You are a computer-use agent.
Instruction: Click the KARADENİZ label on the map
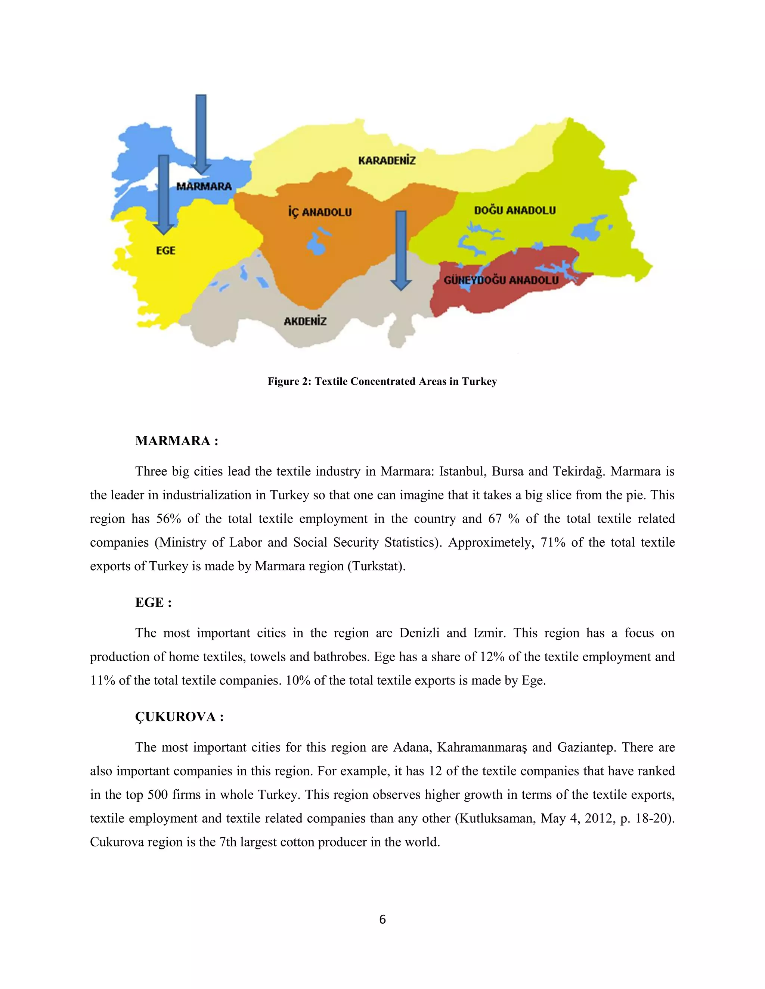pyautogui.click(x=387, y=160)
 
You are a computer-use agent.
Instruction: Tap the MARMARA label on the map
pyautogui.click(x=204, y=186)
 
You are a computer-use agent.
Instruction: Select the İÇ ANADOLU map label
pyautogui.click(x=320, y=212)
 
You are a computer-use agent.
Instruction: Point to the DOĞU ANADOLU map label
pyautogui.click(x=515, y=210)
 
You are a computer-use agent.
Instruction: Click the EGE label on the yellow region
pyautogui.click(x=165, y=250)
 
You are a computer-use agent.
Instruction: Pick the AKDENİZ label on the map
pyautogui.click(x=305, y=321)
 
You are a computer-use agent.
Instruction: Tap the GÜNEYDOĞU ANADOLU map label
pyautogui.click(x=501, y=280)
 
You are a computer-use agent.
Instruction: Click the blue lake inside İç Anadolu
pyautogui.click(x=315, y=244)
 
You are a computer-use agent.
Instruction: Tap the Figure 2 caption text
pyautogui.click(x=382, y=381)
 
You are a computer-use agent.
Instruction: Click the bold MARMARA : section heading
pyautogui.click(x=177, y=441)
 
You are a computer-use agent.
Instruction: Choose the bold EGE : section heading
pyautogui.click(x=153, y=602)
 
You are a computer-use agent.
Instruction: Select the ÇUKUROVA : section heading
pyautogui.click(x=179, y=717)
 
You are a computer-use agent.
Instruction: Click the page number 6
pyautogui.click(x=382, y=919)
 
